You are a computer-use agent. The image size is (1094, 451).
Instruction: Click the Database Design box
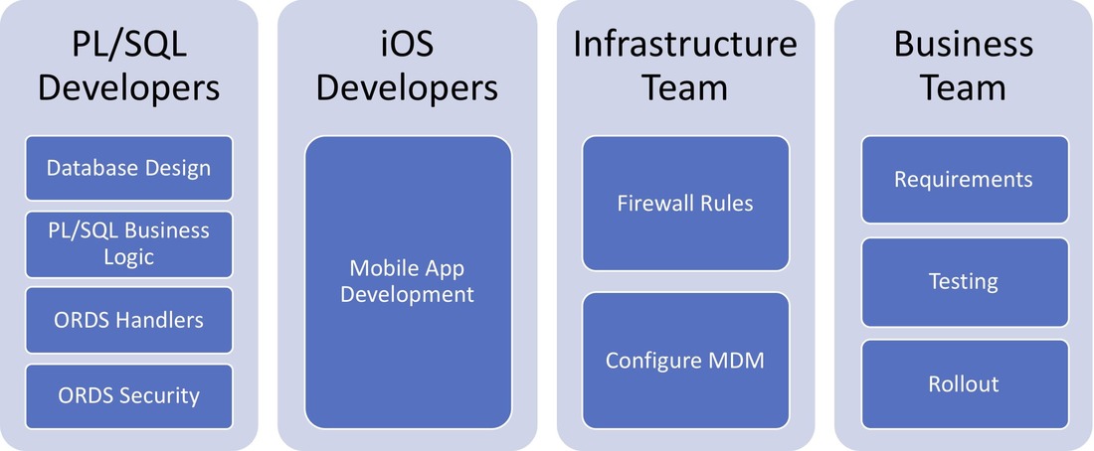click(x=128, y=168)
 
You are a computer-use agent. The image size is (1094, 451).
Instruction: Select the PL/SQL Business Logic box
click(x=128, y=243)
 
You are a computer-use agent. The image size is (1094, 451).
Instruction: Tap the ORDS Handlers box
click(x=128, y=320)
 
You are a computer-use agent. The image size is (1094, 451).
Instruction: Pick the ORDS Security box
click(x=128, y=395)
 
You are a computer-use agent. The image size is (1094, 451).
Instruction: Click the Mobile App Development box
click(x=408, y=282)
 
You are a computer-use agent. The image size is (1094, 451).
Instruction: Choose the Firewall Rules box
click(x=685, y=204)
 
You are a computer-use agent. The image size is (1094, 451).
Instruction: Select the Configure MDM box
click(x=685, y=360)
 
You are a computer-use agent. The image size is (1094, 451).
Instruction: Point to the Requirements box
click(x=964, y=180)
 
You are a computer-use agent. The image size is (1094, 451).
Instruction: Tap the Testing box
click(x=964, y=282)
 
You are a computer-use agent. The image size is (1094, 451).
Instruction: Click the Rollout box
click(x=964, y=383)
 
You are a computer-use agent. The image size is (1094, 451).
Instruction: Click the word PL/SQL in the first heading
click(x=128, y=45)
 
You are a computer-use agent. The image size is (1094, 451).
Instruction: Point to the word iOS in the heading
click(x=408, y=45)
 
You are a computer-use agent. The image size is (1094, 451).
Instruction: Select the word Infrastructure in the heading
click(x=685, y=45)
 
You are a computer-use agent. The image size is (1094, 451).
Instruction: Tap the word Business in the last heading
click(x=964, y=45)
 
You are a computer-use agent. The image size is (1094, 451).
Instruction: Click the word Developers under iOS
click(x=408, y=87)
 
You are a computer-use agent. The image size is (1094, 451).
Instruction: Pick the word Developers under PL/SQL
click(x=128, y=87)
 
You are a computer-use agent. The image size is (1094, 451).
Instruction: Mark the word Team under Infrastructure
click(x=685, y=87)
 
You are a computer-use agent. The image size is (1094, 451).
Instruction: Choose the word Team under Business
click(x=964, y=87)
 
